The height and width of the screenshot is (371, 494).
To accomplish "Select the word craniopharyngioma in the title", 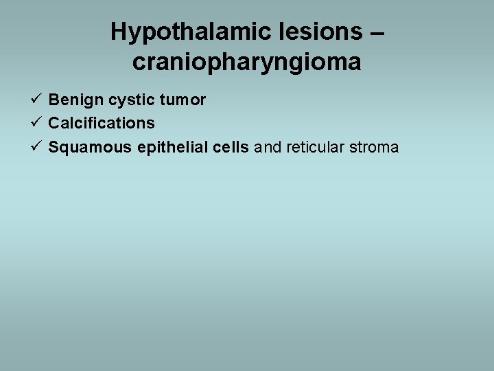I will click(x=247, y=63).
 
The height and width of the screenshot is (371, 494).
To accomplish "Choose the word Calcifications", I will click(x=102, y=124).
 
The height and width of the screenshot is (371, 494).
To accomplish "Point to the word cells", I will click(x=231, y=147).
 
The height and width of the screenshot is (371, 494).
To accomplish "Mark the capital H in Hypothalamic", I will click(x=119, y=32).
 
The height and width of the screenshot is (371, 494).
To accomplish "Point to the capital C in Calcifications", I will click(x=54, y=124).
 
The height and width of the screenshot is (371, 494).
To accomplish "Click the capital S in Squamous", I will click(x=54, y=147).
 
